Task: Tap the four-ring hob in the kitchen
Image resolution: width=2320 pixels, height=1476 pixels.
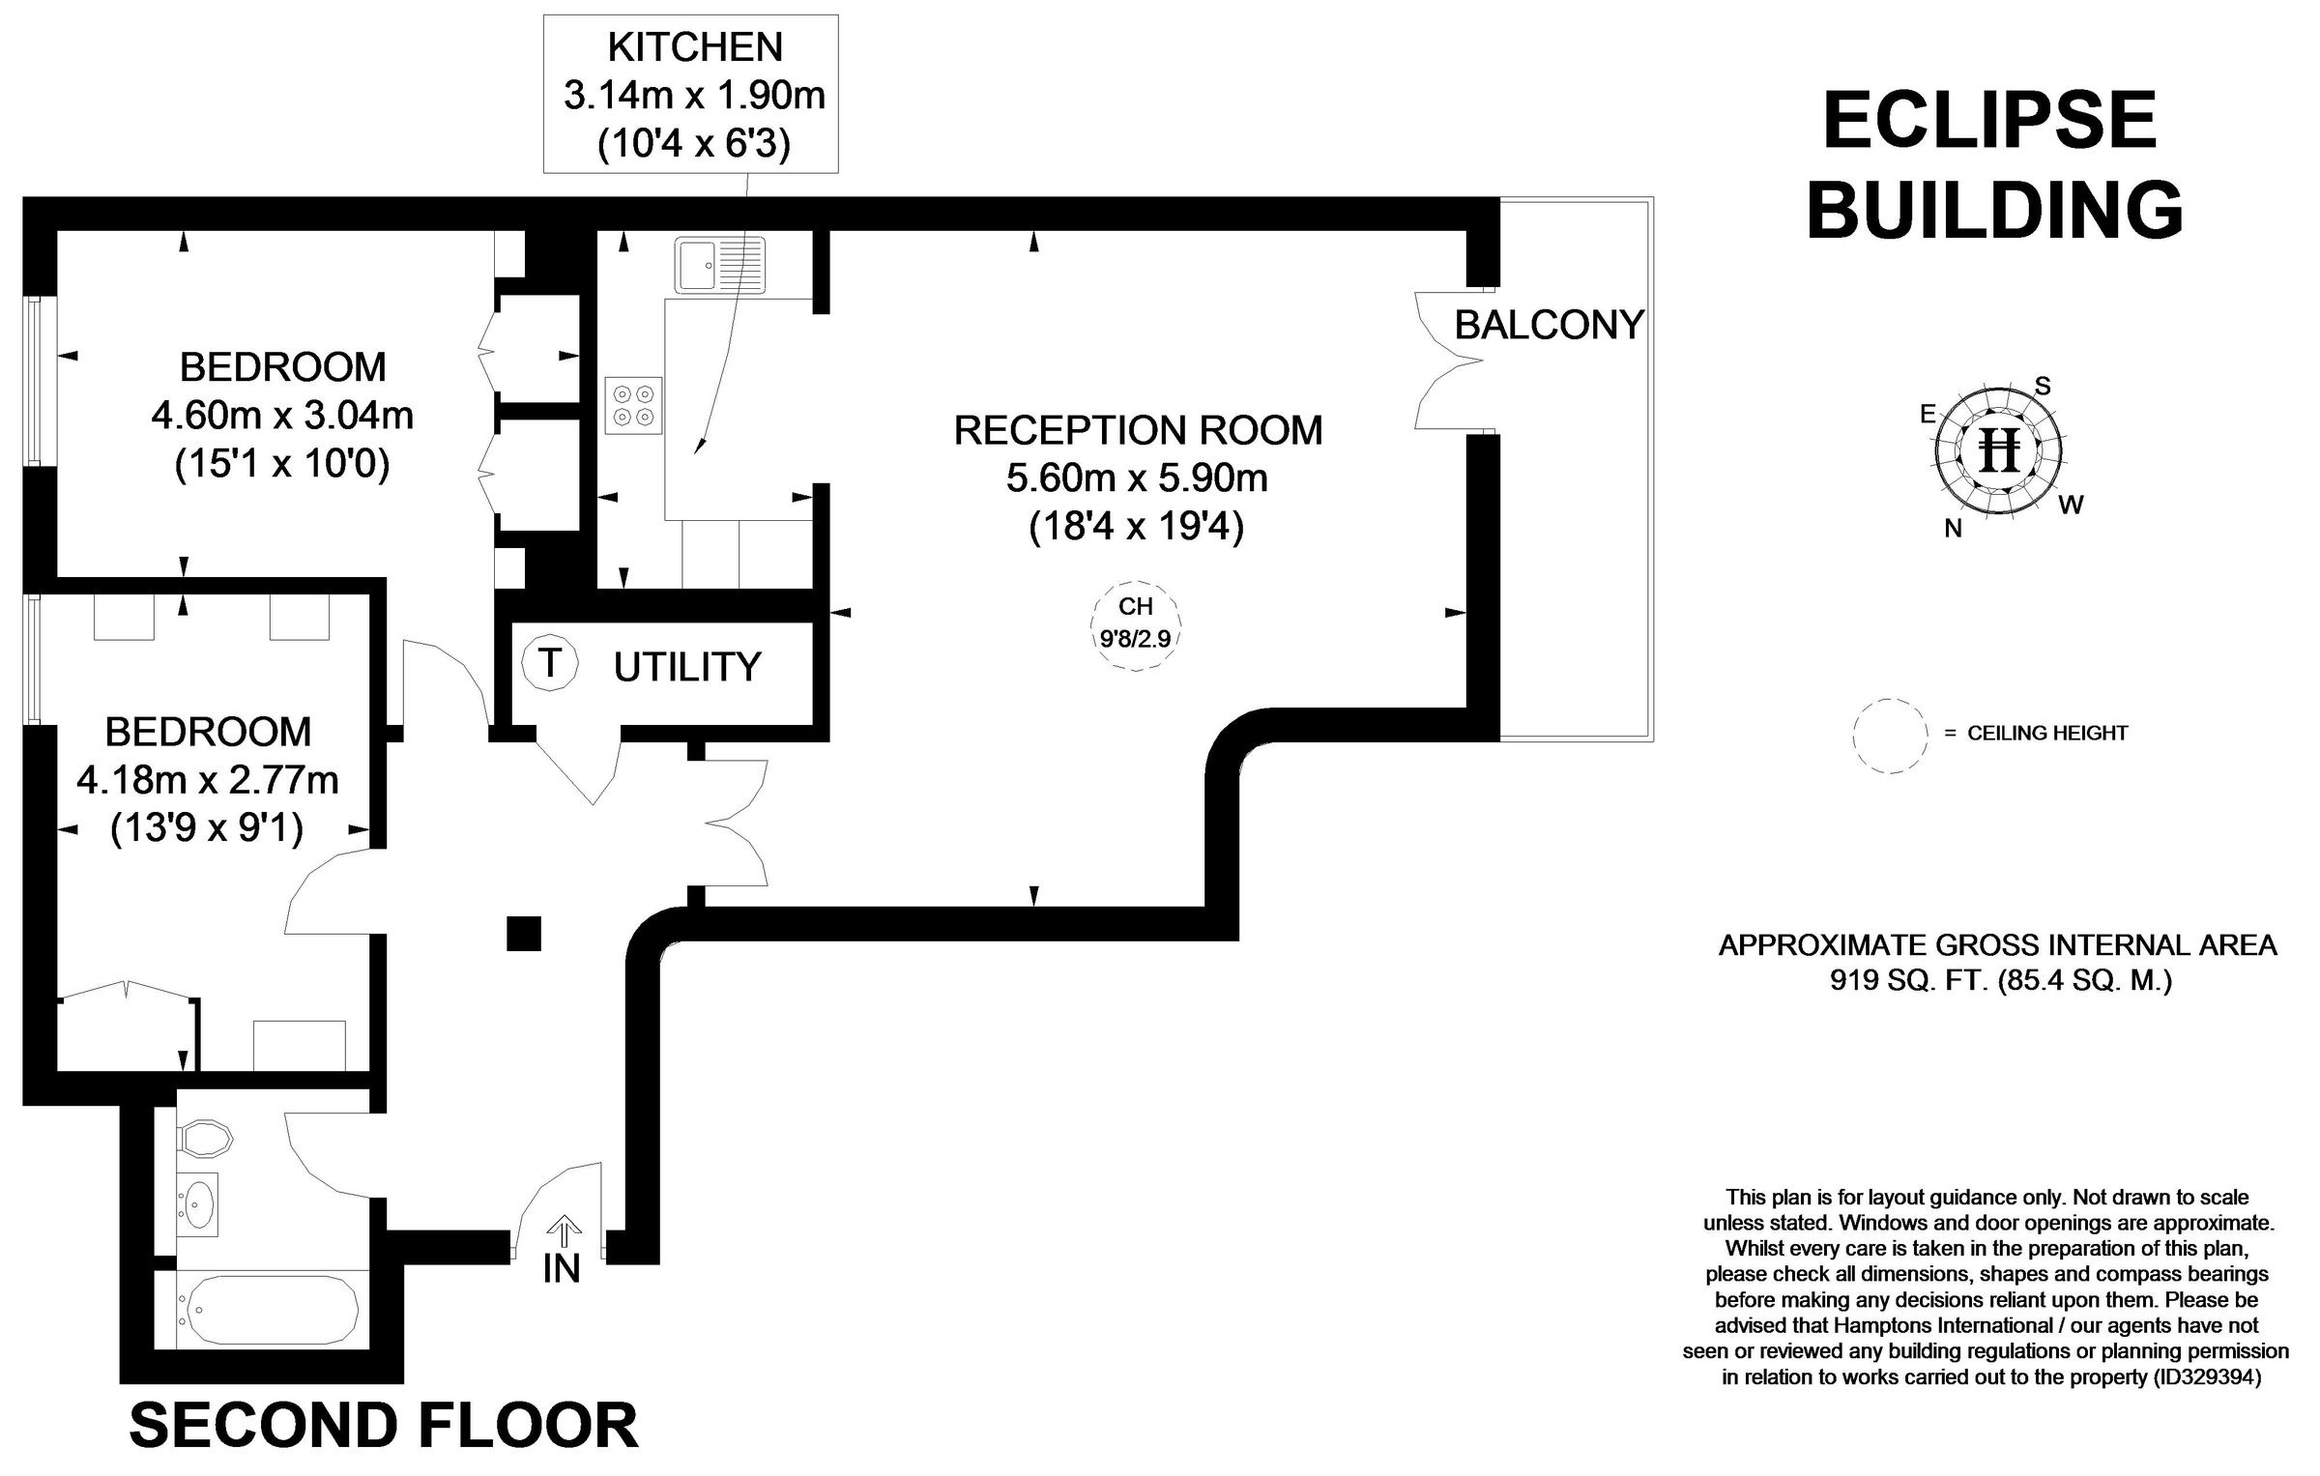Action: tap(633, 405)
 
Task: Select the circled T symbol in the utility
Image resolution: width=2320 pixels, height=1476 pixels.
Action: tap(550, 663)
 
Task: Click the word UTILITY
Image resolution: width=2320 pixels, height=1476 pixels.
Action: tap(687, 667)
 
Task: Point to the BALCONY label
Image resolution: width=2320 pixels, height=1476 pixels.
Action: tap(1549, 325)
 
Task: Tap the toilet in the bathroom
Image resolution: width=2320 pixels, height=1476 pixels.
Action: tap(205, 1139)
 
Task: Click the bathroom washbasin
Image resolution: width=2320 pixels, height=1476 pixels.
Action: tap(199, 1204)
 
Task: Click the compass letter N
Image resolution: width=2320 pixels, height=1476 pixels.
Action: tap(1953, 529)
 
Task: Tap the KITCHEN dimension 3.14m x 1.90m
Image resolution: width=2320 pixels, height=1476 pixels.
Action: tap(693, 96)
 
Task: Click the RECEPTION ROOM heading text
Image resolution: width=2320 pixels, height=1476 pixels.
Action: tap(1138, 430)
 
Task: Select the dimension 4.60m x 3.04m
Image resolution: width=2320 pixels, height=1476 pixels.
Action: tap(282, 416)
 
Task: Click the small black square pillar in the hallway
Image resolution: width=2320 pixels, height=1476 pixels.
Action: tap(524, 934)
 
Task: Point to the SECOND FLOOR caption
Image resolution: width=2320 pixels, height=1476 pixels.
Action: tap(384, 1425)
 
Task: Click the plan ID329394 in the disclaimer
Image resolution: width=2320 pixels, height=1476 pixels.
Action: tap(2208, 1376)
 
